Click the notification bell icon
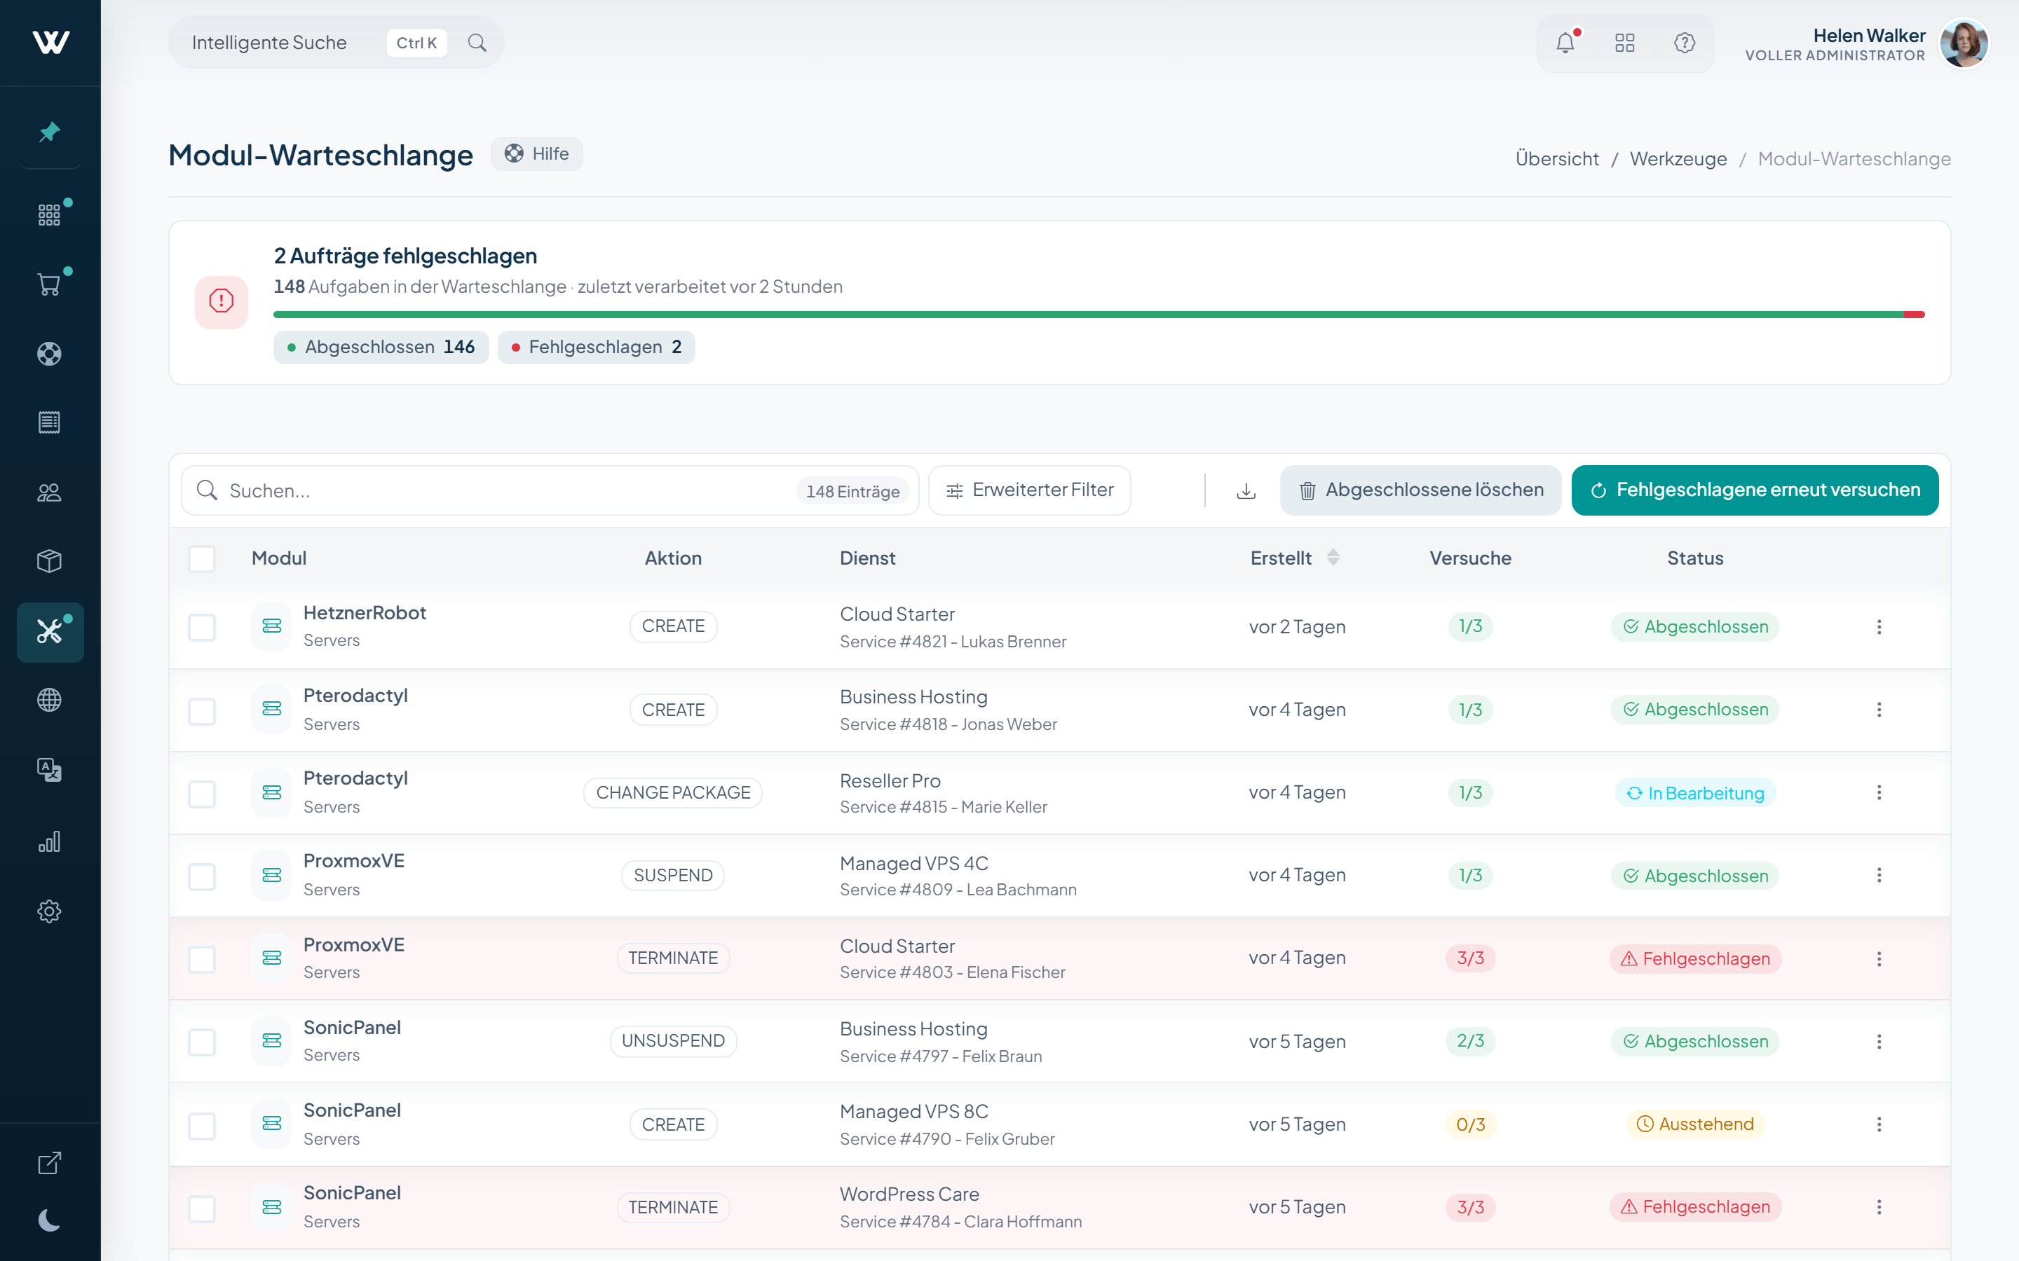[x=1565, y=43]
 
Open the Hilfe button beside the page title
[x=536, y=154]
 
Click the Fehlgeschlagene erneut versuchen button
[x=1755, y=490]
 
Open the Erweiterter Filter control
[x=1030, y=490]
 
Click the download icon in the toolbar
[x=1246, y=491]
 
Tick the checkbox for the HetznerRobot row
[x=202, y=627]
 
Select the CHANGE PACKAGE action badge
[x=672, y=792]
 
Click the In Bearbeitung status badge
[x=1694, y=793]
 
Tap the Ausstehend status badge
[x=1694, y=1124]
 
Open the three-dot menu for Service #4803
[x=1879, y=959]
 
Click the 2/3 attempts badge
[x=1470, y=1041]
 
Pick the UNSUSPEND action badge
[x=672, y=1041]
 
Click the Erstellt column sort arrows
[x=1333, y=558]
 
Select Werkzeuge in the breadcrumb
[x=1678, y=159]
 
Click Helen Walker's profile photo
[x=1963, y=43]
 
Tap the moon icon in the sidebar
[x=49, y=1220]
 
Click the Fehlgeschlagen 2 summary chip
[x=596, y=347]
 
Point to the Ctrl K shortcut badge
[x=416, y=43]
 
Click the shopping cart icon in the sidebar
[x=49, y=285]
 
